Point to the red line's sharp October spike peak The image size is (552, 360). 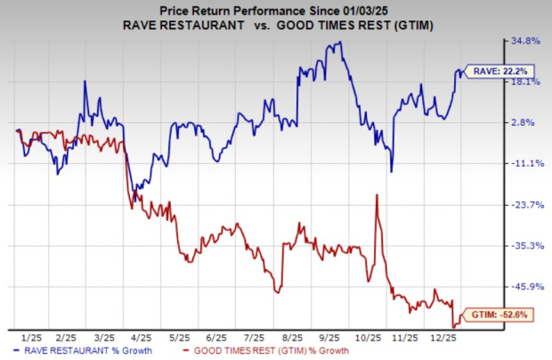(x=377, y=195)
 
